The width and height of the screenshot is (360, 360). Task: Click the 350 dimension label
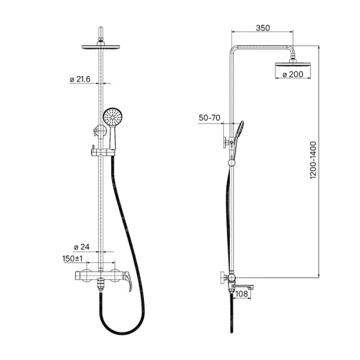coord(263,28)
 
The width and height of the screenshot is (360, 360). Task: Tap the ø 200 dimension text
coord(293,74)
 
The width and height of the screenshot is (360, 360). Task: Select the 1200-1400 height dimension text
coord(313,160)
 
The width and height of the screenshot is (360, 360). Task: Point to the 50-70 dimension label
coord(209,118)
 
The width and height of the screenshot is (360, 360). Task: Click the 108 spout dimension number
coord(242,293)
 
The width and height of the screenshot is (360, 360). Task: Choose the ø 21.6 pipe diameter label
coord(80,79)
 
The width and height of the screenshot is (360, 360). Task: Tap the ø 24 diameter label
coord(82,247)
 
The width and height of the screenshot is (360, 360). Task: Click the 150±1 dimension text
coord(73,259)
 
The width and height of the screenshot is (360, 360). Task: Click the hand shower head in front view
coord(113,117)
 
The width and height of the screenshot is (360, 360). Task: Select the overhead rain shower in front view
coord(101,47)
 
